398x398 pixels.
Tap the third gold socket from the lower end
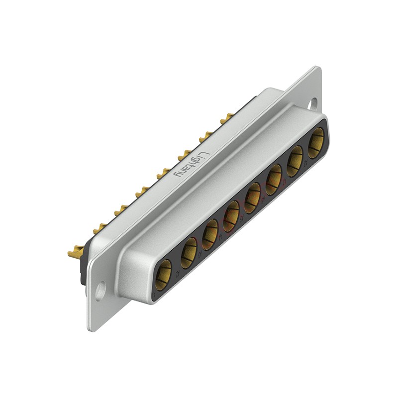210,234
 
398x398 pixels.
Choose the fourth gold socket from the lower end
231,215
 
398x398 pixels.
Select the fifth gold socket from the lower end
252,197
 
